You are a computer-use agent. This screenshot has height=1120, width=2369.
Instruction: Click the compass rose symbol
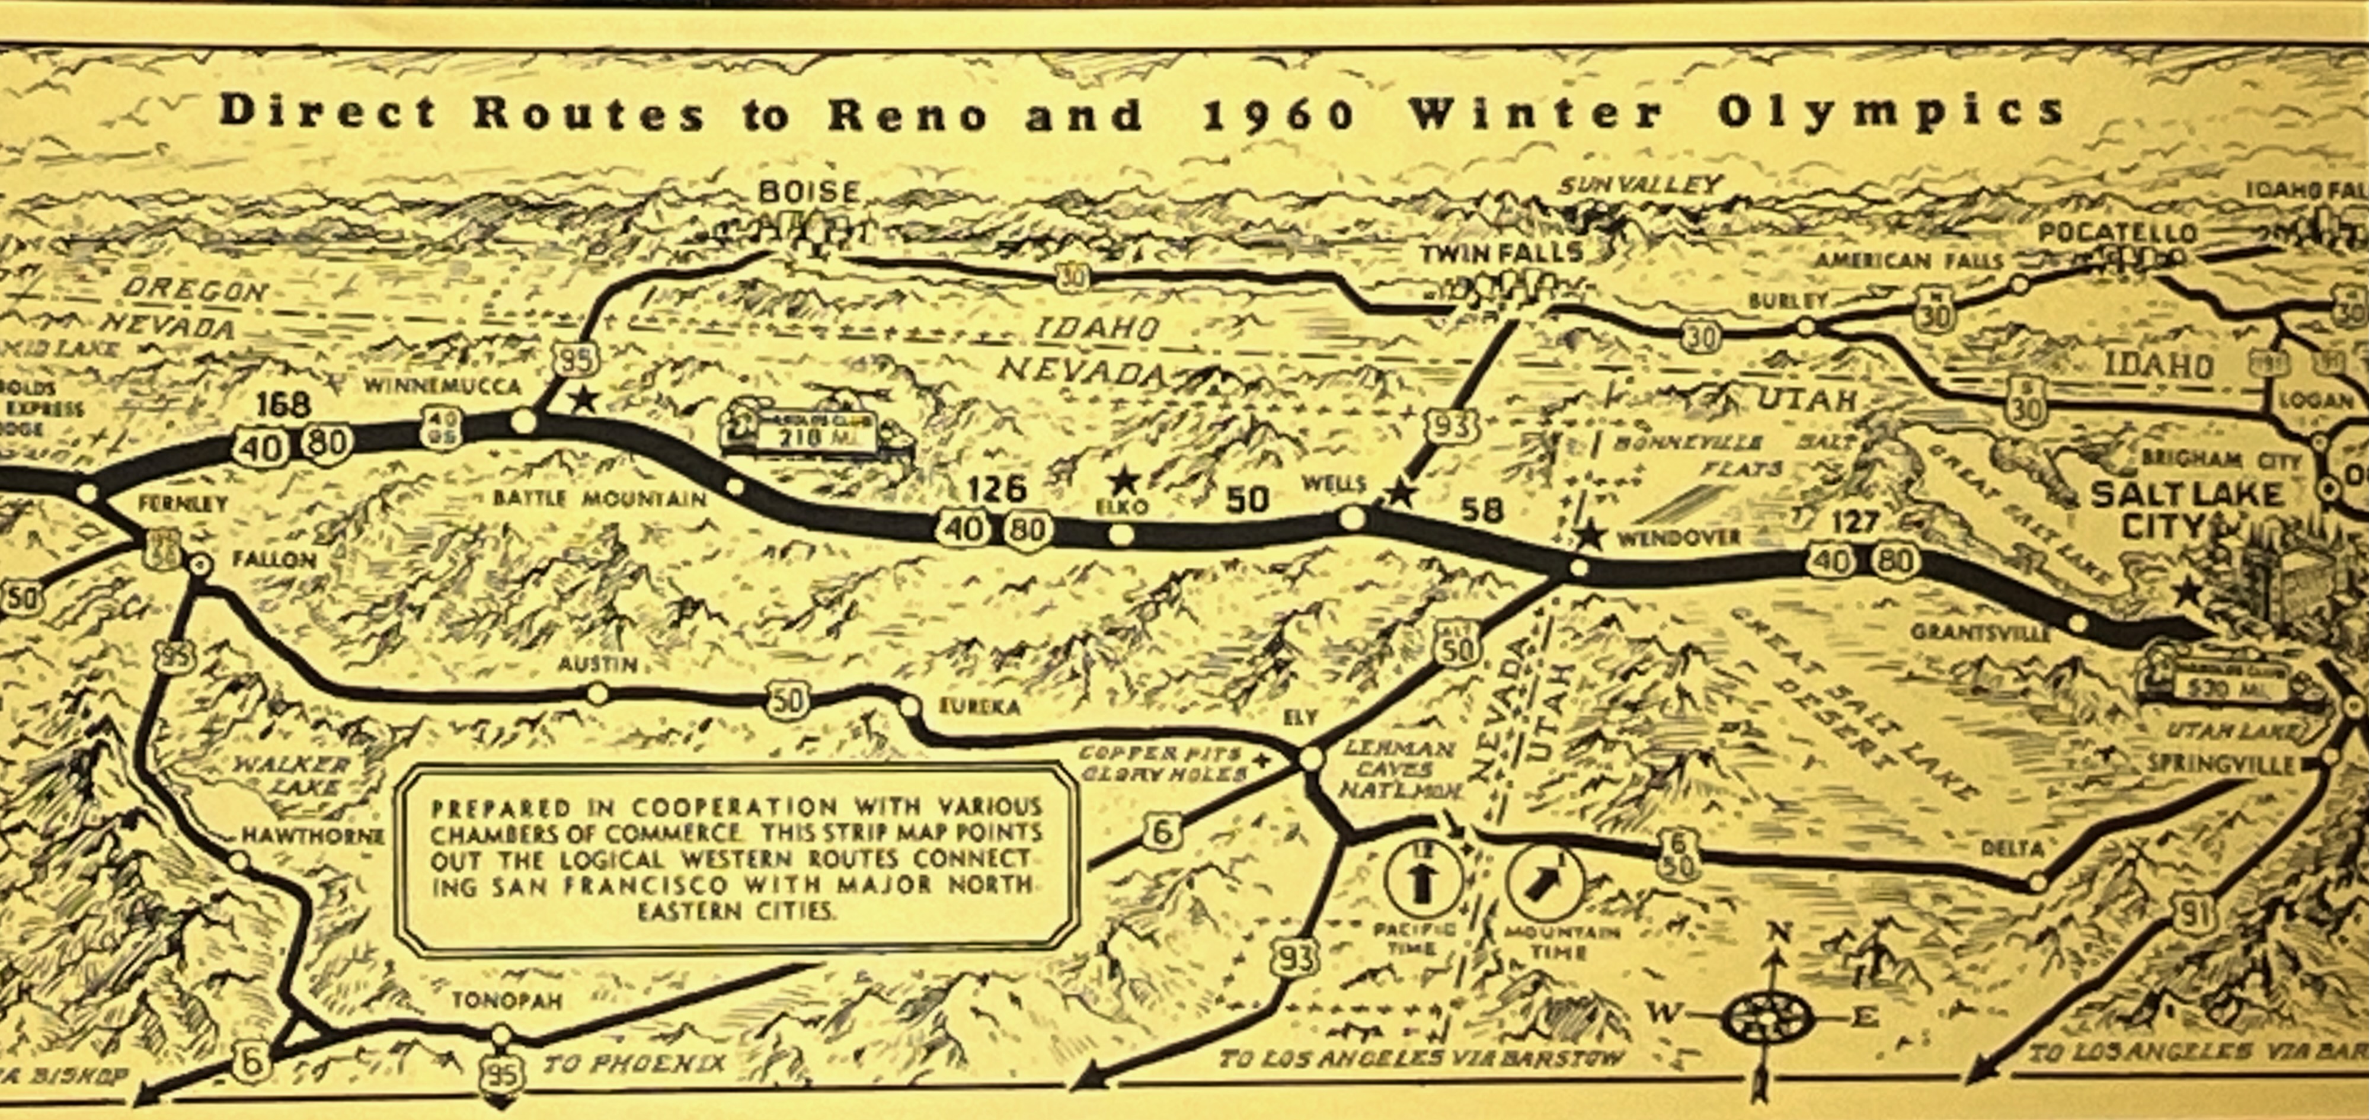tap(1766, 1019)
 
